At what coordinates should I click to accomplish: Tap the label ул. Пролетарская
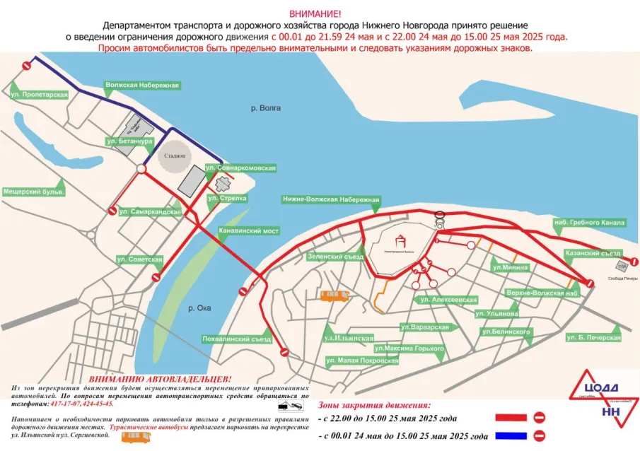click(x=40, y=94)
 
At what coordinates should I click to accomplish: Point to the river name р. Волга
click(x=266, y=108)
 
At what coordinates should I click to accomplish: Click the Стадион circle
click(x=173, y=156)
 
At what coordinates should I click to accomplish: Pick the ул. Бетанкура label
click(x=129, y=141)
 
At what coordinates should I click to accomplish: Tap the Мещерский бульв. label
click(x=34, y=192)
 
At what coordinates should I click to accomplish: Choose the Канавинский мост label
click(x=250, y=231)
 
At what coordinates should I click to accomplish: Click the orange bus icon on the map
click(x=334, y=295)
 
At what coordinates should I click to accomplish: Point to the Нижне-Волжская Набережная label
click(x=331, y=200)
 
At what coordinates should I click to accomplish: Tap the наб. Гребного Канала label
click(x=589, y=223)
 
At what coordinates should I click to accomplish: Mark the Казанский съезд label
click(x=592, y=252)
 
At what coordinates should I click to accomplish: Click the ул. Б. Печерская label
click(x=593, y=337)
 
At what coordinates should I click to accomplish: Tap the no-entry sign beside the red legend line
click(x=539, y=417)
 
